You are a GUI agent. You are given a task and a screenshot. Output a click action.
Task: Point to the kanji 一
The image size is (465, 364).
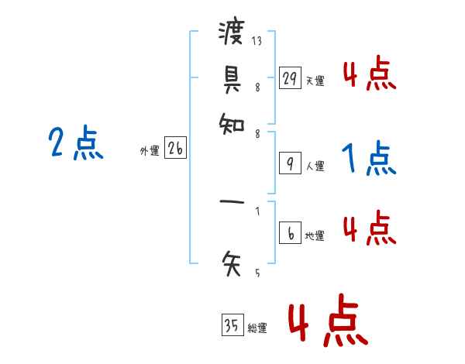(231, 204)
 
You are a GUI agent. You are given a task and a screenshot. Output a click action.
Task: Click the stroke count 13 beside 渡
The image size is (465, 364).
(257, 41)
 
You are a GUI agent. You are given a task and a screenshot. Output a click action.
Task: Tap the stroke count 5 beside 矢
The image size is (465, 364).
(257, 273)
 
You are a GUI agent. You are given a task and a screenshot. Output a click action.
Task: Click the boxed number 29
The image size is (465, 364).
(290, 78)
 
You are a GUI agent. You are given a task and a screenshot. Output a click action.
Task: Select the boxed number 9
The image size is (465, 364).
(290, 163)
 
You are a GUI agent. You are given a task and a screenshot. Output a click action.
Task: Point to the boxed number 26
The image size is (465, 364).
(175, 149)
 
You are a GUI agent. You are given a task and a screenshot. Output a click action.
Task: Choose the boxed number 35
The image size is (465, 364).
(232, 326)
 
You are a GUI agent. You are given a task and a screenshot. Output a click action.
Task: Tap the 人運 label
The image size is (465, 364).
(315, 166)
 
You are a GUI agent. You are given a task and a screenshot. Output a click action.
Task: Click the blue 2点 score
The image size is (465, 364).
(76, 143)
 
